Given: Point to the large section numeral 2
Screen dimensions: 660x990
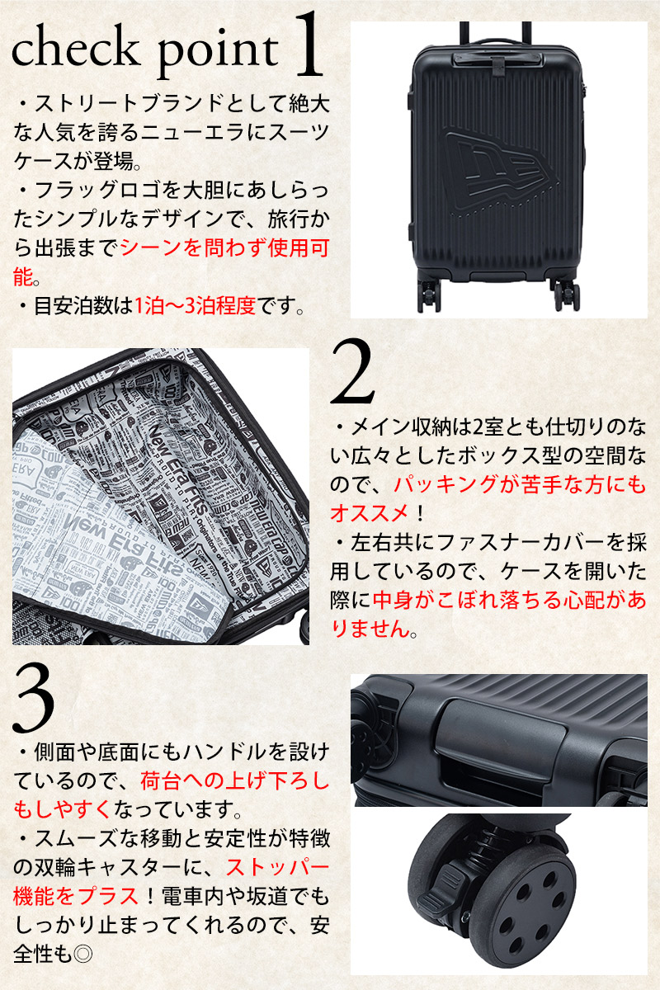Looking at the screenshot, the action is pos(353,372).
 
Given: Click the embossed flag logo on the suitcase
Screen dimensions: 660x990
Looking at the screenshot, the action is pos(502,169).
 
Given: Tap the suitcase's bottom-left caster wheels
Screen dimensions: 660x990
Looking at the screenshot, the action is pos(429,295).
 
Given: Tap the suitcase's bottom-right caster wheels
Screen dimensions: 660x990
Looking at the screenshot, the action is pos(566,295).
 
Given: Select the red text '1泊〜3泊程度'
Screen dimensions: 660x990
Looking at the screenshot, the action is pos(195,305).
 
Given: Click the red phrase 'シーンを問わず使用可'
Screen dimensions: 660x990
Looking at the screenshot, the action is pos(224,247).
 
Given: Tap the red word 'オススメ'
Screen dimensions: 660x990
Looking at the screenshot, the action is pos(370,513).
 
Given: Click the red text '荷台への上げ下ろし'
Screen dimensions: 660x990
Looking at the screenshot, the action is pos(235,781).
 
